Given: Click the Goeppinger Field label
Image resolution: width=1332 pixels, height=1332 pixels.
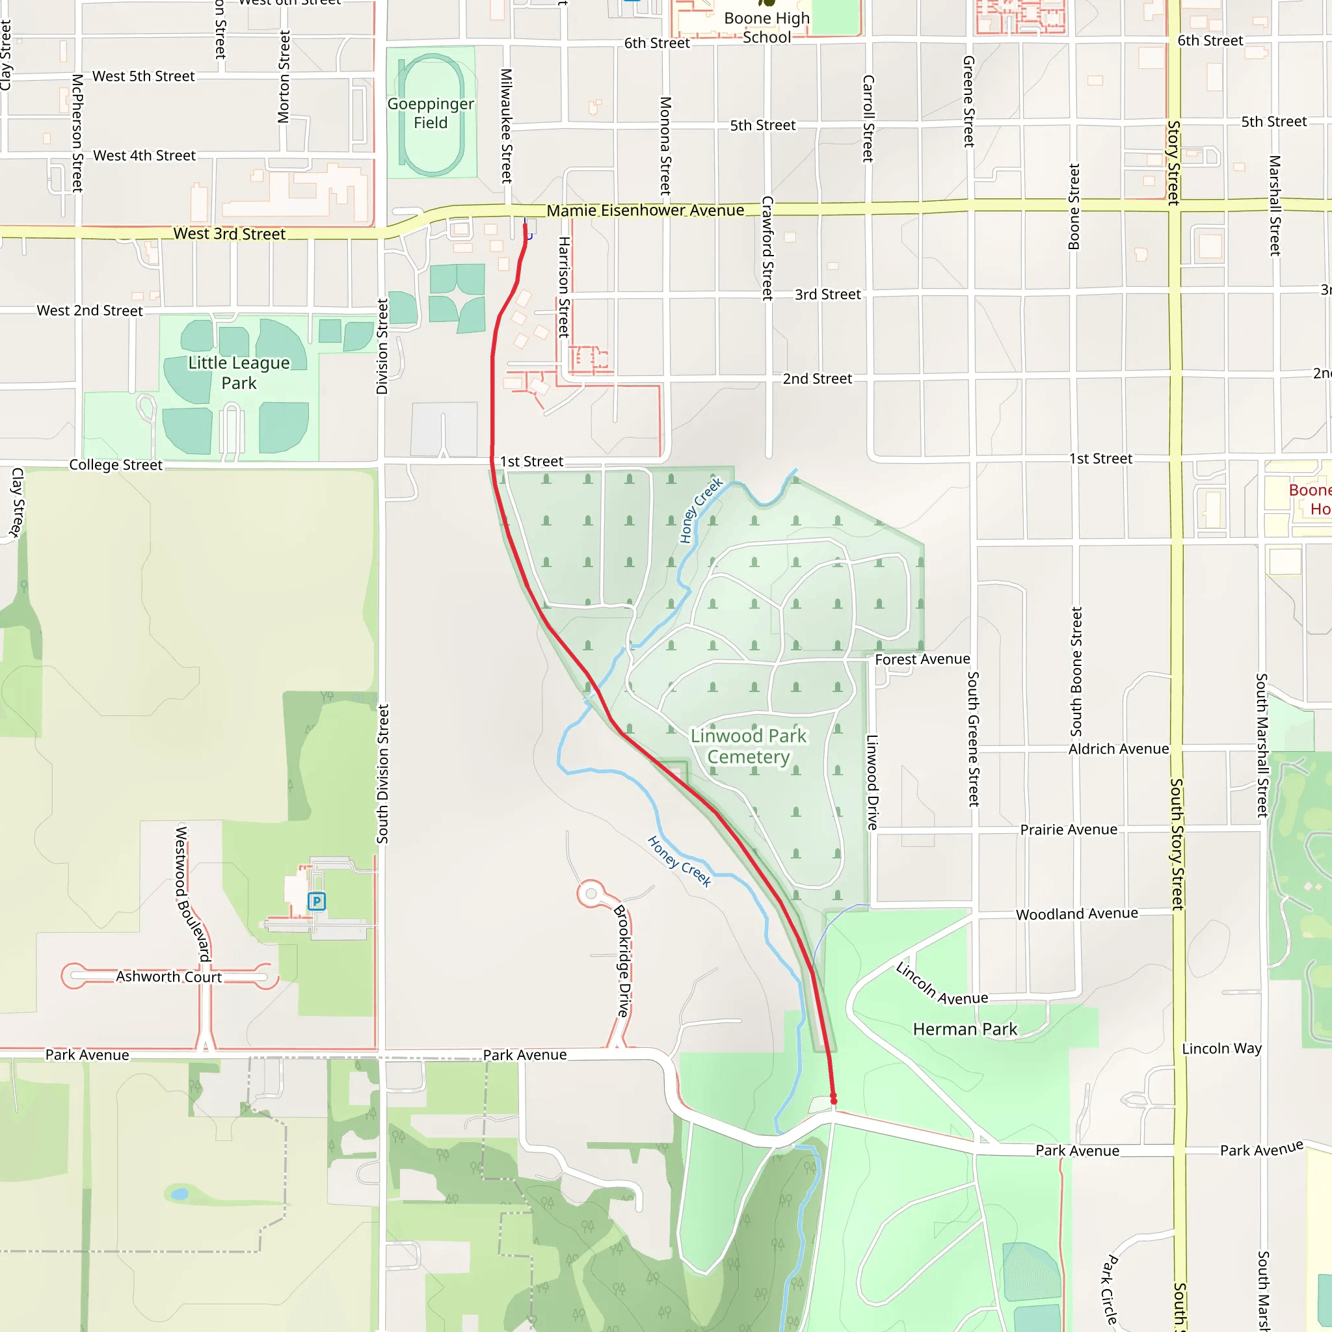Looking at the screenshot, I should [x=430, y=113].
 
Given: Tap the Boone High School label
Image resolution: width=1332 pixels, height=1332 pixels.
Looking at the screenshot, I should [x=767, y=27].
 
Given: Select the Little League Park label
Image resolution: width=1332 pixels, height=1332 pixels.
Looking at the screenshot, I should [x=239, y=372].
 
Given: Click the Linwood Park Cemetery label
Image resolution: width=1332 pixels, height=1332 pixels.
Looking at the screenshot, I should [x=748, y=746].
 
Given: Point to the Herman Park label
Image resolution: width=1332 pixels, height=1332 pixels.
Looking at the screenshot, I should [x=965, y=1030].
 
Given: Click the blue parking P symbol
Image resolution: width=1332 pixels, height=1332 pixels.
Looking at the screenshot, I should [x=317, y=901].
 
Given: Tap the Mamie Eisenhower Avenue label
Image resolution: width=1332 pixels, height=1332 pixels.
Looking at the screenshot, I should [x=645, y=210].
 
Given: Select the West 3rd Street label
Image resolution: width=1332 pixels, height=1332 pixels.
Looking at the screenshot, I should [x=229, y=233].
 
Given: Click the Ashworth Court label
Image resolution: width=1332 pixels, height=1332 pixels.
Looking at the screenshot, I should [x=169, y=977].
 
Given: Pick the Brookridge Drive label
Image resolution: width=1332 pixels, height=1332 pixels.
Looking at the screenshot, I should [x=623, y=961].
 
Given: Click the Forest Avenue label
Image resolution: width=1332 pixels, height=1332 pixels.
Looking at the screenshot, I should [x=922, y=659].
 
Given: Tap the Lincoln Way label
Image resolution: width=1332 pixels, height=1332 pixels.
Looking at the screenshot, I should [x=1221, y=1048].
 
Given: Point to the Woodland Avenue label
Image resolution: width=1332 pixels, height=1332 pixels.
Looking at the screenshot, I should [x=1077, y=914].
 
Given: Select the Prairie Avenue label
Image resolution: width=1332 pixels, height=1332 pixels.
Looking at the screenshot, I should [x=1069, y=829].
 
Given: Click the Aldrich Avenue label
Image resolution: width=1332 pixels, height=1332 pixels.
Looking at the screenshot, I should [x=1118, y=749].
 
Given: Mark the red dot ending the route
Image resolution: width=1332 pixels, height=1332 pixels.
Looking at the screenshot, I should [x=834, y=1101].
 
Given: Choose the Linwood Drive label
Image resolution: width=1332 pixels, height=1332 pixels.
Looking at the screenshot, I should [x=872, y=782].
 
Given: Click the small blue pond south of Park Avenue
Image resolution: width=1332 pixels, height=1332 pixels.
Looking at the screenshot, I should [x=180, y=1193].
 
